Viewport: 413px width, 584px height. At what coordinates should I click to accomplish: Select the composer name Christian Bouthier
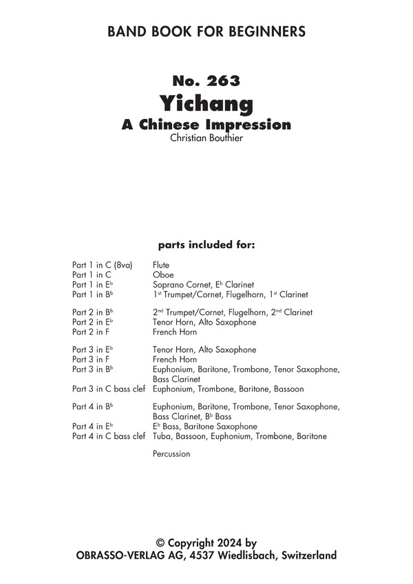[x=206, y=138]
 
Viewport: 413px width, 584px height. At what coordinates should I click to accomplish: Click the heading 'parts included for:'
[x=206, y=244]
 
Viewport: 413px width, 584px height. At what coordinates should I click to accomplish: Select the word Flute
[x=161, y=265]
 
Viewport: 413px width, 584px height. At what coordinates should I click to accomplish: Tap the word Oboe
[x=162, y=274]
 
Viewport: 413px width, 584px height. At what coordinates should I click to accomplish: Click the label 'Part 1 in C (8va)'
[x=102, y=265]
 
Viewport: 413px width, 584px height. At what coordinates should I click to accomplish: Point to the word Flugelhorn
[x=244, y=294]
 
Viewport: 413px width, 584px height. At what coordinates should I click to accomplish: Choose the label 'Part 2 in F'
[x=91, y=332]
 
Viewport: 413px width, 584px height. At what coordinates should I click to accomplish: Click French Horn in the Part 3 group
[x=175, y=359]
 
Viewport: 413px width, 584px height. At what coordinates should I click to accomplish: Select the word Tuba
[x=162, y=436]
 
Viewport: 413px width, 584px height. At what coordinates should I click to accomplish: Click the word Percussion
[x=171, y=454]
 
